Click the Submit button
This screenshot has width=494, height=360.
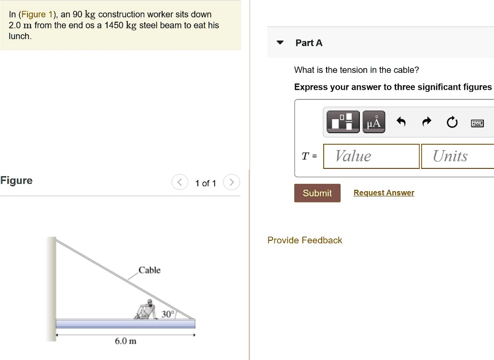click(317, 193)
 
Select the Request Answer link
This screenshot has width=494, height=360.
click(384, 193)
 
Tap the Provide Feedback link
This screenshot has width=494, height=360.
click(304, 240)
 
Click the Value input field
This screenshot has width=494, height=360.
click(371, 156)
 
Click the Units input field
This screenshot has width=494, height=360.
click(457, 156)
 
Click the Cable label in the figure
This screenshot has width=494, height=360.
click(150, 270)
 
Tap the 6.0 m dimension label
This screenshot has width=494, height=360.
click(125, 341)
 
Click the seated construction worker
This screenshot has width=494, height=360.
click(147, 309)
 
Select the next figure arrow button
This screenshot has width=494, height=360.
click(232, 183)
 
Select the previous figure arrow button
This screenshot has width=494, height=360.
click(179, 183)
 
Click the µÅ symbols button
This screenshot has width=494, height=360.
click(373, 122)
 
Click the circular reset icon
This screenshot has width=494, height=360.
click(452, 123)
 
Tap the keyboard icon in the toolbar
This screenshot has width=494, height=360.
click(477, 123)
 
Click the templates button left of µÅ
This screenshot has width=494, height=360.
click(343, 122)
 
